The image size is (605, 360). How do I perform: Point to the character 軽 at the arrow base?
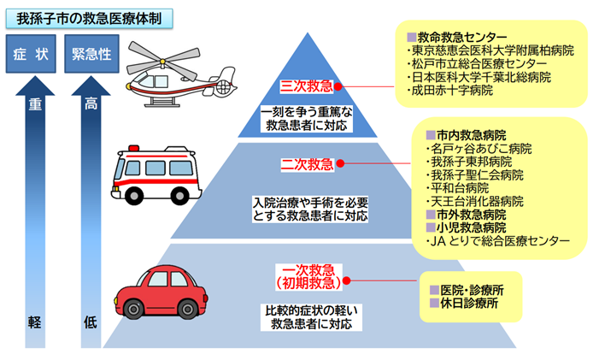click(34, 322)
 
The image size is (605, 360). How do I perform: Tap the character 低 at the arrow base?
click(91, 322)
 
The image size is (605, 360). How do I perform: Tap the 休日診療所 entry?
click(469, 304)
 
